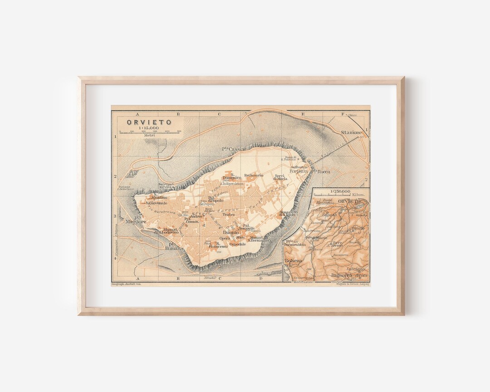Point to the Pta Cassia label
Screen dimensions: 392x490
pyautogui.click(x=234, y=149)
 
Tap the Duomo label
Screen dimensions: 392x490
pyautogui.click(x=230, y=232)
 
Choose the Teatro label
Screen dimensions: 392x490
pyautogui.click(x=228, y=215)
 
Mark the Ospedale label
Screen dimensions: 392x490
pyautogui.click(x=238, y=244)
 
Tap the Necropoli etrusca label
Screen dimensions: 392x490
pyautogui.click(x=167, y=186)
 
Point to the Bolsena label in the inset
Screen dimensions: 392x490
pyautogui.click(x=293, y=262)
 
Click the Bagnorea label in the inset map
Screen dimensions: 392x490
pyautogui.click(x=341, y=275)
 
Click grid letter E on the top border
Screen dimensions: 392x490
pyautogui.click(x=303, y=114)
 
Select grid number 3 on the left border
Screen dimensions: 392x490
pyautogui.click(x=115, y=216)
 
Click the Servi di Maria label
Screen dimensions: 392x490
pyautogui.click(x=280, y=177)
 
